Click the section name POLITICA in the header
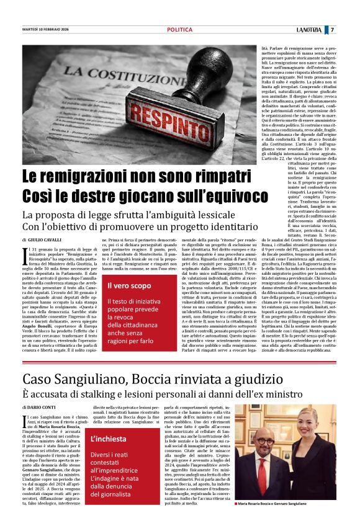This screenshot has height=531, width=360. (x=180, y=30)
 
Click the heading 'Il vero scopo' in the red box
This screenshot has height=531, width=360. (x=129, y=286)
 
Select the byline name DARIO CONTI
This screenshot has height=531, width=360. (x=43, y=407)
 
